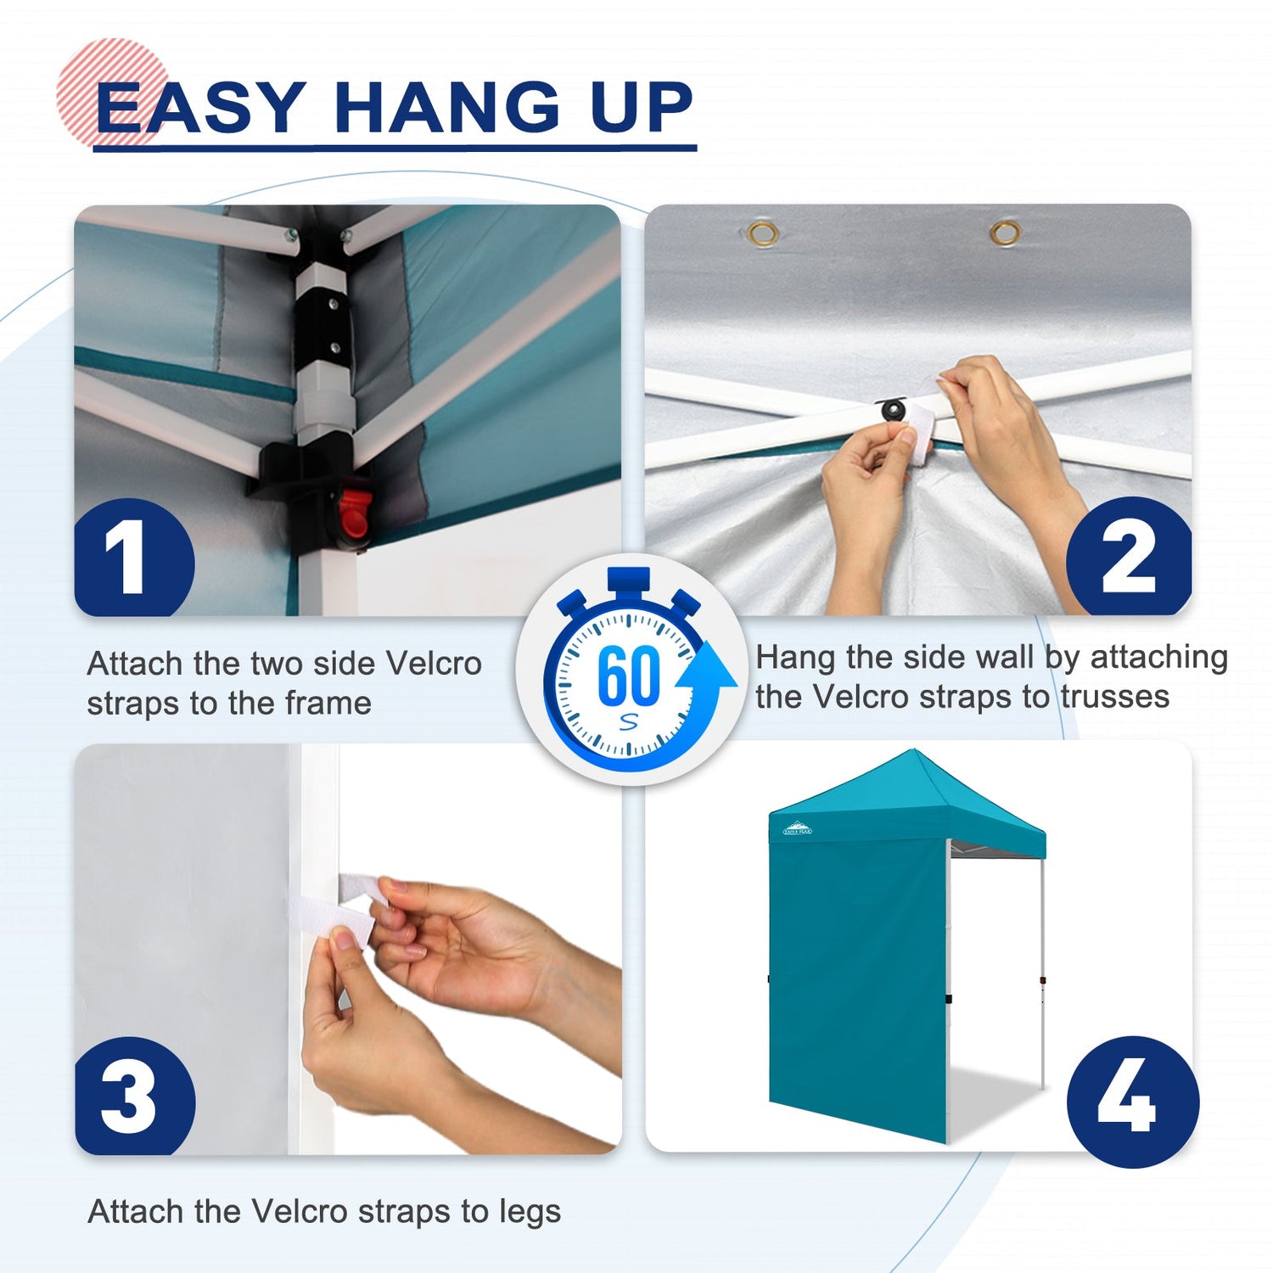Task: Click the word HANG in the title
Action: tap(447, 108)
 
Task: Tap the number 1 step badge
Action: tap(134, 558)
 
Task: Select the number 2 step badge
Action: tap(1129, 556)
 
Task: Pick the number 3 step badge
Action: tap(135, 1096)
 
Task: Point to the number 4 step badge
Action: tap(1132, 1102)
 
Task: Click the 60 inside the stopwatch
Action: tap(628, 676)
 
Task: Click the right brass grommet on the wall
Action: tap(1005, 232)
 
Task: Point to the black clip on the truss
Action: tap(893, 410)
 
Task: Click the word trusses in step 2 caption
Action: tap(1115, 697)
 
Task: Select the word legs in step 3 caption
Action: tap(530, 1212)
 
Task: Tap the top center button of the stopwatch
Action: tap(628, 580)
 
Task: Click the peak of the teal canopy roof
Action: tap(912, 751)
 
